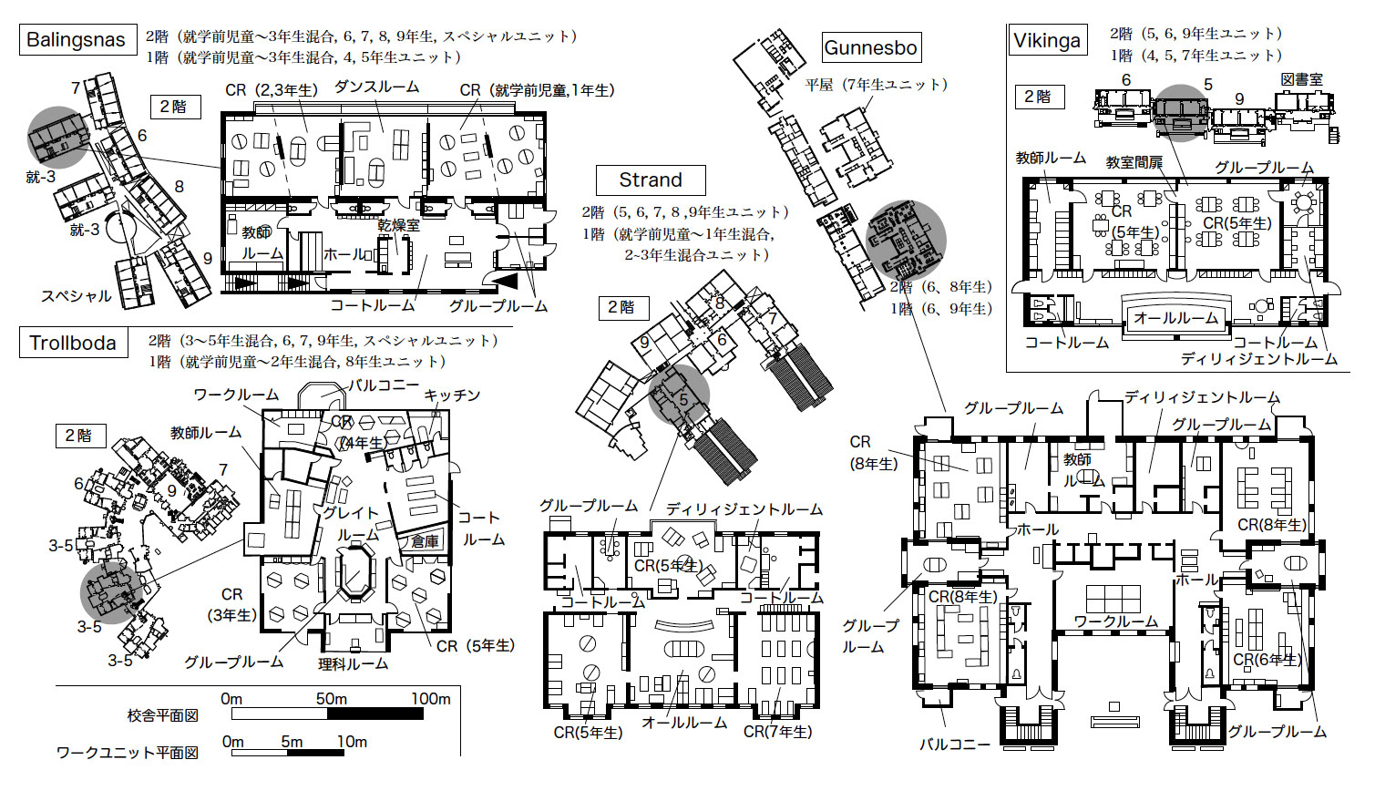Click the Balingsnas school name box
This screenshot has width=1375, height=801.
pyautogui.click(x=78, y=40)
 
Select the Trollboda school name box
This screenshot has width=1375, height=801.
pyautogui.click(x=74, y=343)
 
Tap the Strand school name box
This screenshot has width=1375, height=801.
pyautogui.click(x=651, y=180)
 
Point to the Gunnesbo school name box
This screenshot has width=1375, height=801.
pyautogui.click(x=871, y=47)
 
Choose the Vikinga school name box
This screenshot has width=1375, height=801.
pyautogui.click(x=1047, y=40)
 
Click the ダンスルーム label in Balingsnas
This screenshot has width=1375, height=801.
pyautogui.click(x=376, y=87)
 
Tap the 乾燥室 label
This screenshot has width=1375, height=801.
pyautogui.click(x=398, y=225)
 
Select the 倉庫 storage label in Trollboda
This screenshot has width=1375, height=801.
pyautogui.click(x=425, y=540)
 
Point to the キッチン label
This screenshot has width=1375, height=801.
pyautogui.click(x=452, y=395)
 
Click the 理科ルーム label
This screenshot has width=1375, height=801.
pyautogui.click(x=353, y=663)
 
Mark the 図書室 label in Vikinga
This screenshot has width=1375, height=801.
pyautogui.click(x=1302, y=79)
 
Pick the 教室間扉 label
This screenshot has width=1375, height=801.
pyautogui.click(x=1134, y=162)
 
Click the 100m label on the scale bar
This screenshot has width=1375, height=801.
pyautogui.click(x=431, y=699)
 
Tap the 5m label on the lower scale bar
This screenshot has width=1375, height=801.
pyautogui.click(x=292, y=742)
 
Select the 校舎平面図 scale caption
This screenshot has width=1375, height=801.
pyautogui.click(x=163, y=715)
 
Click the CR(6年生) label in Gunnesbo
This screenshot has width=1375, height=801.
pyautogui.click(x=1267, y=659)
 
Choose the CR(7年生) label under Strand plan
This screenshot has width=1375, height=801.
pyautogui.click(x=778, y=732)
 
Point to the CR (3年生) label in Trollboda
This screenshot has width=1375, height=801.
pyautogui.click(x=232, y=604)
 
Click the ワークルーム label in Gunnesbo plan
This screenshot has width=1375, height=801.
pyautogui.click(x=1116, y=621)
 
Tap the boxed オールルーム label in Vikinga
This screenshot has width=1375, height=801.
pyautogui.click(x=1175, y=318)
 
